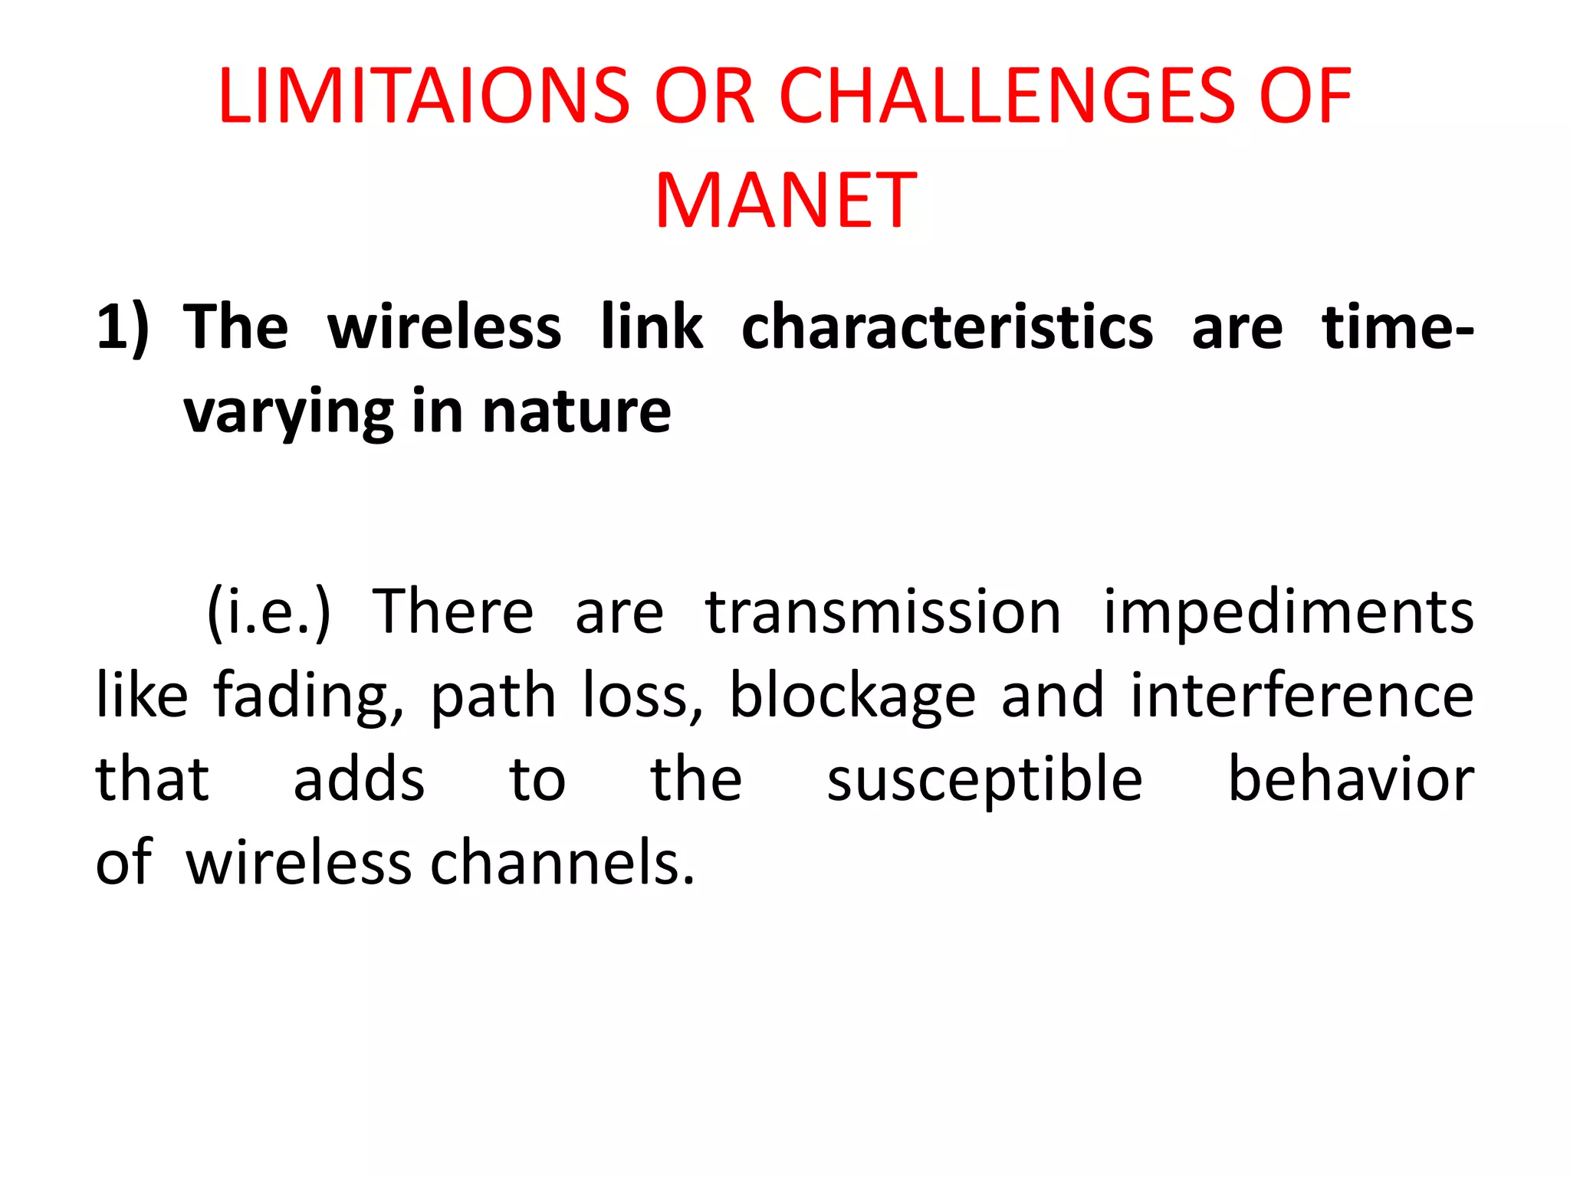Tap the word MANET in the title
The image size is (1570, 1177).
(x=786, y=201)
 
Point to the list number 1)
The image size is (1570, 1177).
(x=123, y=328)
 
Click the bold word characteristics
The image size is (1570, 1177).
(x=947, y=328)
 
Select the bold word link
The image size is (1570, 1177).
(x=652, y=328)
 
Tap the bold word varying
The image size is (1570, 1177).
(x=288, y=414)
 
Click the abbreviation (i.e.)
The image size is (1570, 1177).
(x=268, y=613)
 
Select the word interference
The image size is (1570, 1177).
(x=1302, y=696)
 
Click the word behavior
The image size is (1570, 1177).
(x=1351, y=779)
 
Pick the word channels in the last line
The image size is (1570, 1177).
(x=563, y=863)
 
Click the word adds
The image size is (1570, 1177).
(x=359, y=779)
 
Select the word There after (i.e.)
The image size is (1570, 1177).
(x=452, y=613)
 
